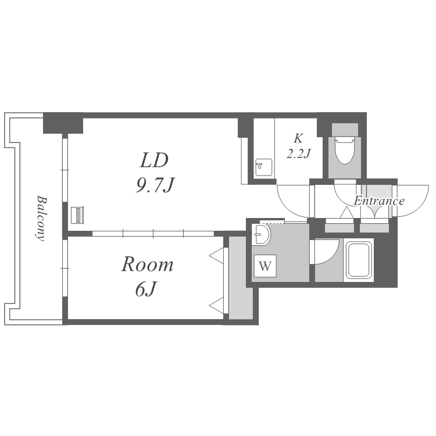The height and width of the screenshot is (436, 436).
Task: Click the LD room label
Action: (154, 160)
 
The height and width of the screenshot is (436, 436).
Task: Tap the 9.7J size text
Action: (155, 185)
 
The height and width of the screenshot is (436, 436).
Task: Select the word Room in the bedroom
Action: (148, 265)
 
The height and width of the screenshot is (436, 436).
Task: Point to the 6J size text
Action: (145, 289)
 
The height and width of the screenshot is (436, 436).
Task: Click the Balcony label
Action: (41, 218)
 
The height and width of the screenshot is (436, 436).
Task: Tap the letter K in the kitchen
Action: (298, 138)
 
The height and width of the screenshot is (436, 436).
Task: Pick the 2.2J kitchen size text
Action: (298, 153)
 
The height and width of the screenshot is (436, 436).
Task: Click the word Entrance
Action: (379, 201)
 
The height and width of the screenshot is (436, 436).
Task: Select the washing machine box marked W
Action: (265, 266)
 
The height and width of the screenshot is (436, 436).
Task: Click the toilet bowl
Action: (345, 150)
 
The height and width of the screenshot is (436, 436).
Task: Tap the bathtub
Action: (359, 260)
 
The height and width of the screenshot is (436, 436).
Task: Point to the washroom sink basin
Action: (260, 234)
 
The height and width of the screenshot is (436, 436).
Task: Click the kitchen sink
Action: (263, 167)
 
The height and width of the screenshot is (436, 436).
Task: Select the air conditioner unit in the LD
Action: (77, 215)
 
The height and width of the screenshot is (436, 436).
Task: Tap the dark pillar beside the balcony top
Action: (63, 123)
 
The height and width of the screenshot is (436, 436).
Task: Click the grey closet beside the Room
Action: (241, 278)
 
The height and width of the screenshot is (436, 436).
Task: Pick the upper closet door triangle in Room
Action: (217, 255)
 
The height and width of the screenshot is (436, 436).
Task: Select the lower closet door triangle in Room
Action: (217, 306)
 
